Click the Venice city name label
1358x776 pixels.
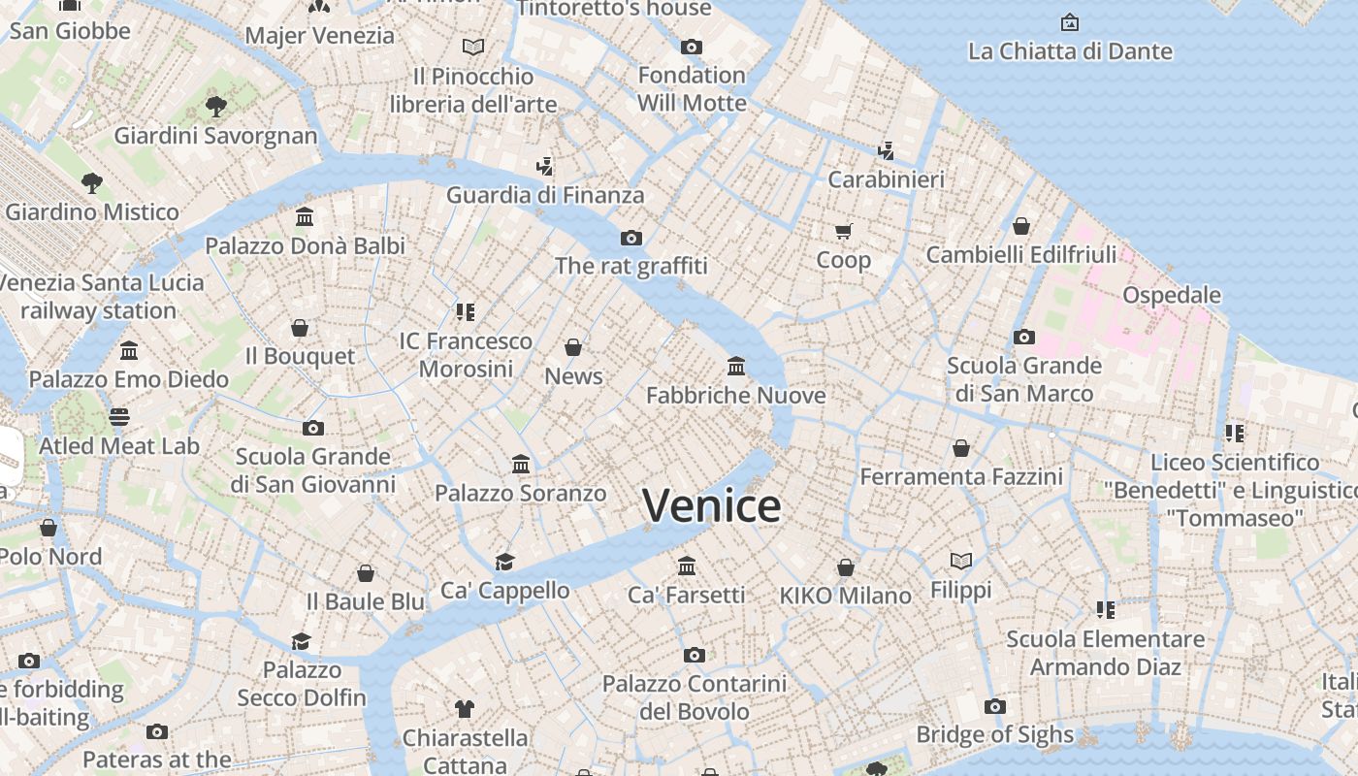[711, 505]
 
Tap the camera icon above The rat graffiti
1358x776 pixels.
[631, 238]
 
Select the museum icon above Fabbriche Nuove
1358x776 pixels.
[736, 367]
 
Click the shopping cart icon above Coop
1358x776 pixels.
[843, 231]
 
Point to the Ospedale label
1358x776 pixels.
[1171, 295]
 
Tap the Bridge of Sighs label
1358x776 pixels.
[994, 734]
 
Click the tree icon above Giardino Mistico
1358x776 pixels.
[92, 182]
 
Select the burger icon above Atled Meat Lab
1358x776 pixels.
[119, 417]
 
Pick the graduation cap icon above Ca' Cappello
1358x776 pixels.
[504, 562]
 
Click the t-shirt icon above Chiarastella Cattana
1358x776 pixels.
[465, 709]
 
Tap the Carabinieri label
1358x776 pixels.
[886, 179]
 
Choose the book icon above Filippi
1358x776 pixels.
[960, 561]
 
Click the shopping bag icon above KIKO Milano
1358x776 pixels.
[846, 566]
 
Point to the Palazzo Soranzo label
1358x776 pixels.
[520, 493]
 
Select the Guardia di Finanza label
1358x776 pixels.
[545, 195]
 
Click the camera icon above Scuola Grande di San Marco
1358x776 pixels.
[1023, 338]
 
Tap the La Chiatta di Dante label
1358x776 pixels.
[1070, 51]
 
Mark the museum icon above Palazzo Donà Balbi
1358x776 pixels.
[305, 216]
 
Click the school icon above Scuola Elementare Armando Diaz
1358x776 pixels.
[1105, 610]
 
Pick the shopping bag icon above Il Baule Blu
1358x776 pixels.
[366, 573]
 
